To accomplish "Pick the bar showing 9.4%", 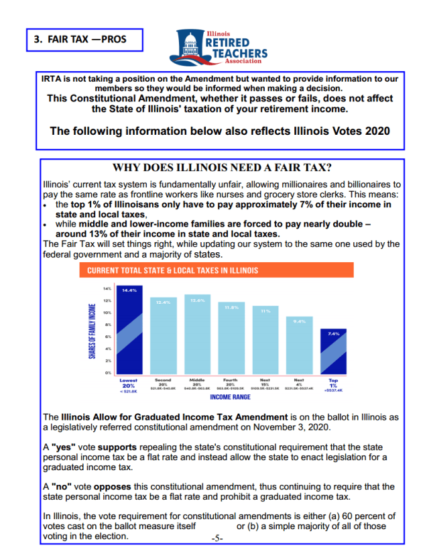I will pos(299,345).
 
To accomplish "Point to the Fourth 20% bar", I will pos(230,338).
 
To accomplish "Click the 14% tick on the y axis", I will pos(106,288).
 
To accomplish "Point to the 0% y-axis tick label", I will pos(107,372).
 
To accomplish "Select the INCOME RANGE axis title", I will pos(230,397).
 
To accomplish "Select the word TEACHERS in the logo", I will pos(238,54).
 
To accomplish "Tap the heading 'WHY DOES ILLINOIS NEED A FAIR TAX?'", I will pos(223,168).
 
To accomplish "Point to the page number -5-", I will pos(217,538).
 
